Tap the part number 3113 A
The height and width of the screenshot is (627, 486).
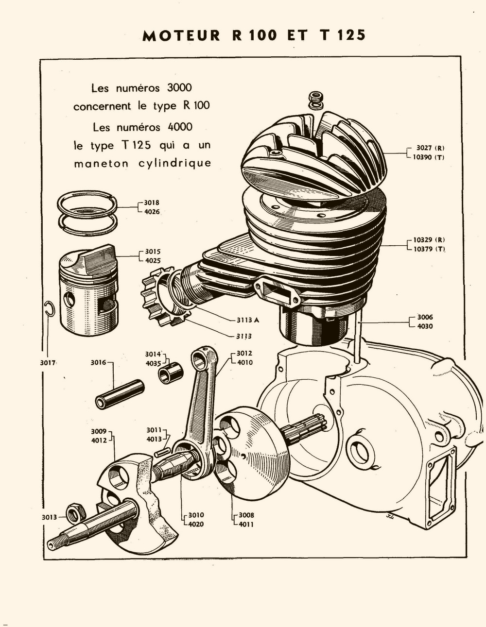(248, 320)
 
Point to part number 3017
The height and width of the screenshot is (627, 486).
(48, 362)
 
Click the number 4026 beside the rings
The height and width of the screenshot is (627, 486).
(152, 212)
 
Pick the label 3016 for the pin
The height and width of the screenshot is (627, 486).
(98, 362)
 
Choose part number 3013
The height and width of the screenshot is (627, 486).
(49, 518)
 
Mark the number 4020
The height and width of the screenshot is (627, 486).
(196, 524)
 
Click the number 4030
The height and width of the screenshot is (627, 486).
(425, 326)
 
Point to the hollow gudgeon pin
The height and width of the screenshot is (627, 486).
(120, 394)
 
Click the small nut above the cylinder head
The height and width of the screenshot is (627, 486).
(315, 99)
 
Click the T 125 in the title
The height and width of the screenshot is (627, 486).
(343, 35)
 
